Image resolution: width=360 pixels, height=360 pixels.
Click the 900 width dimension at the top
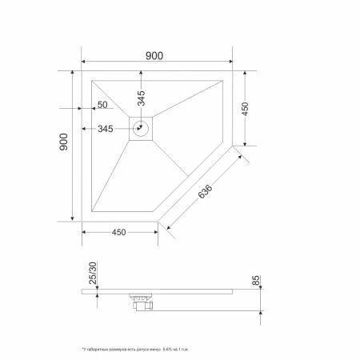point(154,55)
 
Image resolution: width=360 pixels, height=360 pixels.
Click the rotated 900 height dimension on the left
point(64,144)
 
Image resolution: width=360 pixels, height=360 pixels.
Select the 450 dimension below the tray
point(120,233)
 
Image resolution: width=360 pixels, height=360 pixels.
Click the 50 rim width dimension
point(102,105)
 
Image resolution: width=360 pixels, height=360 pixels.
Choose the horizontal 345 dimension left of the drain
point(105,128)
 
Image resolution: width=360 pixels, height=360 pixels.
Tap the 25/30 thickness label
point(93,274)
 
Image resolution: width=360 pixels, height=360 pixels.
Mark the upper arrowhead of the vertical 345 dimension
point(142,74)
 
